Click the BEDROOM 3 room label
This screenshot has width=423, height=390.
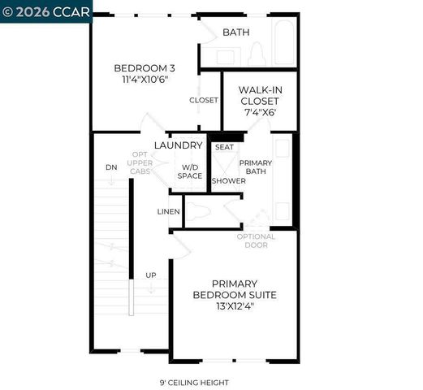[145, 67]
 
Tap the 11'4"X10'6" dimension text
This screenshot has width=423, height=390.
[145, 80]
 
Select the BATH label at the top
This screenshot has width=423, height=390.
[236, 32]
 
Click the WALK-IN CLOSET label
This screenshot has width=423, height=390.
[259, 96]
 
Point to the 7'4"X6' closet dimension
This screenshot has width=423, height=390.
[259, 112]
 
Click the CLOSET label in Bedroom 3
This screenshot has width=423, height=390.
[203, 100]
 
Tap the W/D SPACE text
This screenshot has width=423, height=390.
[190, 171]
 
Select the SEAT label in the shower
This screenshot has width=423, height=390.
[224, 147]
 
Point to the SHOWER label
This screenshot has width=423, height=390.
[228, 180]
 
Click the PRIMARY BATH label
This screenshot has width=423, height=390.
[256, 167]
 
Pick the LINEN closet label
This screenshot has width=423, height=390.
[168, 211]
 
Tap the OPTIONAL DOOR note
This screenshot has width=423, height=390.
[256, 240]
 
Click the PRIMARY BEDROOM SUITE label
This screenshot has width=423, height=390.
[234, 289]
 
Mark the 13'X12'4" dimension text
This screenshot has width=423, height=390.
[234, 307]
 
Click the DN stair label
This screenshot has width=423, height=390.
[111, 167]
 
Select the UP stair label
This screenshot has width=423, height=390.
[150, 275]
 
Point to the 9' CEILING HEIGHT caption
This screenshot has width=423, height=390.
[194, 382]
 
